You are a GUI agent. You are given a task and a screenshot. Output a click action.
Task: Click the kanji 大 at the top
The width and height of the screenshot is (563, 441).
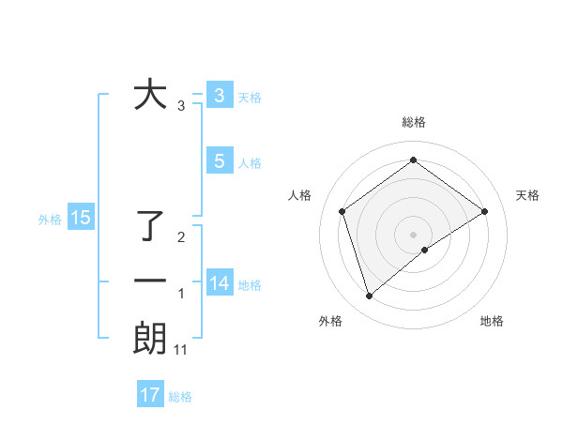pos(151,96)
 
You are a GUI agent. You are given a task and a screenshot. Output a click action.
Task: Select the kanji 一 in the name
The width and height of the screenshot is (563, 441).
pos(151,281)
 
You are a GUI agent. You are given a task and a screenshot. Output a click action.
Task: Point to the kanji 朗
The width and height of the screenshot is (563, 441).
pos(151,339)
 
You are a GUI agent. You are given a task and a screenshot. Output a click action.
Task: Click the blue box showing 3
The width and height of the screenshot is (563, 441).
pos(219,96)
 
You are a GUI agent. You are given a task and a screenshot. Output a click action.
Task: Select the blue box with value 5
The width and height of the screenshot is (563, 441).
pos(219,161)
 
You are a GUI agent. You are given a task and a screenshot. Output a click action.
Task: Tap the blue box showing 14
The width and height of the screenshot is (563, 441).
pos(219,283)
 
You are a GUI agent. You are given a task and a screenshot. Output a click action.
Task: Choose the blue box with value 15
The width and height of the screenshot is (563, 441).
pos(81,219)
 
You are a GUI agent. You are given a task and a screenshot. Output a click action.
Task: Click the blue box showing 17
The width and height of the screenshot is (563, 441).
pos(150,395)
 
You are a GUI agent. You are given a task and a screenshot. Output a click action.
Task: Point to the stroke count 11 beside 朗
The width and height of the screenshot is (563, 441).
pos(181,350)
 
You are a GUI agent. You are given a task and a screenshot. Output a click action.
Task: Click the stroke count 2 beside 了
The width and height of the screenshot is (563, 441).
pos(181,237)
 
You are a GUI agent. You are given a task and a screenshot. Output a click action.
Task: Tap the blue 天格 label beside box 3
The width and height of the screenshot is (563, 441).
pos(250,98)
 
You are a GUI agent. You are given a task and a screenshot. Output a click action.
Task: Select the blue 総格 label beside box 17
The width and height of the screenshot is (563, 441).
pos(180,397)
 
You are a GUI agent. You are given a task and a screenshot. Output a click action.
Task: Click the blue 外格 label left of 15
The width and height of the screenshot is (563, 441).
pos(50,220)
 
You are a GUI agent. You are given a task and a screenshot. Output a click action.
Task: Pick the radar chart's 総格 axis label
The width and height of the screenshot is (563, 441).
pos(413,122)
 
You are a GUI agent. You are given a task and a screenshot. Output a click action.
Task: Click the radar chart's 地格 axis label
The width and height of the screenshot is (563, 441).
pos(492,321)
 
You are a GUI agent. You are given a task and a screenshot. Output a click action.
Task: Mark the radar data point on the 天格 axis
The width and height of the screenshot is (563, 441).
pos(484,211)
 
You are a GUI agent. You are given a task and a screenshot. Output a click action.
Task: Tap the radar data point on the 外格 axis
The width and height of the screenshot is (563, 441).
pos(369,297)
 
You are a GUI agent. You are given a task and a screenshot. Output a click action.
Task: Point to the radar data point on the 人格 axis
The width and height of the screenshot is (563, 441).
pos(342,211)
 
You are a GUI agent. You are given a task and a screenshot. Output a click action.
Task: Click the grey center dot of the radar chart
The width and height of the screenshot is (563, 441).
pos(413,234)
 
